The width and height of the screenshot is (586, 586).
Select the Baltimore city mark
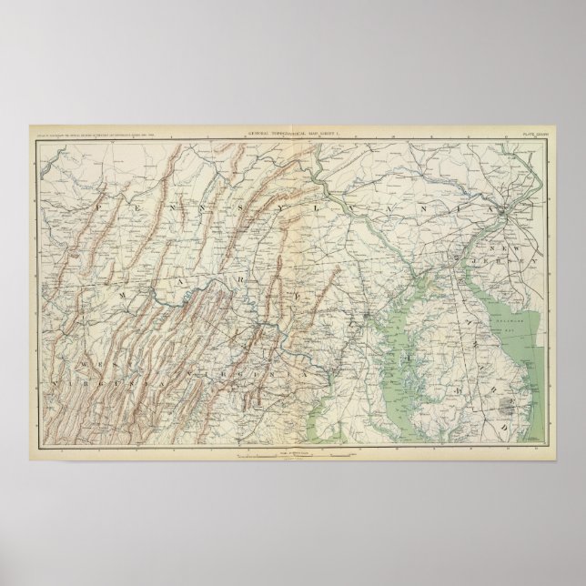(x=367, y=316)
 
